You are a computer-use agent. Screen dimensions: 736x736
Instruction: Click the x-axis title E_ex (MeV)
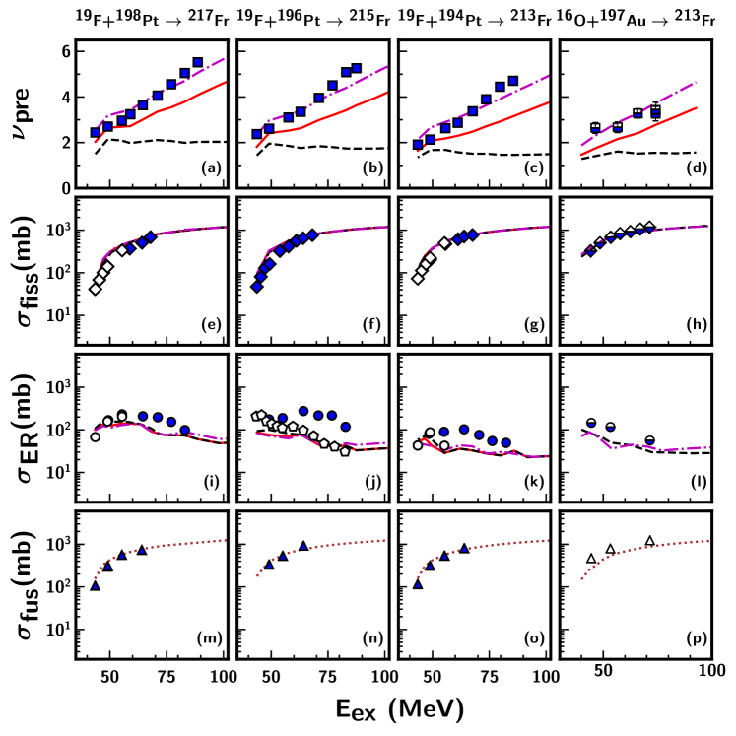point(393,708)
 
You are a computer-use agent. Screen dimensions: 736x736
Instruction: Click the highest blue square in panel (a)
point(197,62)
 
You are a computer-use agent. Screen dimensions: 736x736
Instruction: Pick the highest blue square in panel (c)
point(512,81)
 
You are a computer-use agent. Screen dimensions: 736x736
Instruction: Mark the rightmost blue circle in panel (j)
point(346,427)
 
